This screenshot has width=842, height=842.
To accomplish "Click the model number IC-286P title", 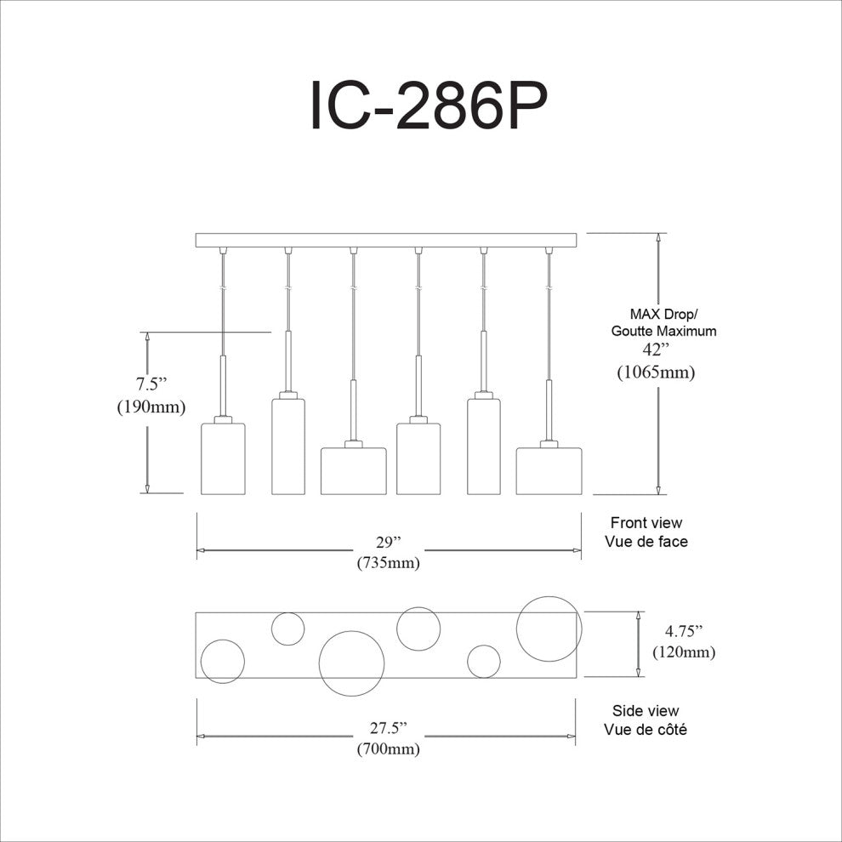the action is [429, 105].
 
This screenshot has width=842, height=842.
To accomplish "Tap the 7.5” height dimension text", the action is [151, 384].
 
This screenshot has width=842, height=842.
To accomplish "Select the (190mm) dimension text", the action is [151, 407].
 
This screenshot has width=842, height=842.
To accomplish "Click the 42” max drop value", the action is [656, 350].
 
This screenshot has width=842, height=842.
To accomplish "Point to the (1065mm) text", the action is [656, 372].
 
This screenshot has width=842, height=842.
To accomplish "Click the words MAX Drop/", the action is [664, 314].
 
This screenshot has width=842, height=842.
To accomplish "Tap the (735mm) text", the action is [388, 563].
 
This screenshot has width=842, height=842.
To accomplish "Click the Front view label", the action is [646, 522].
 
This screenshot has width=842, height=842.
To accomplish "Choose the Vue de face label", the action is [646, 541].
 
